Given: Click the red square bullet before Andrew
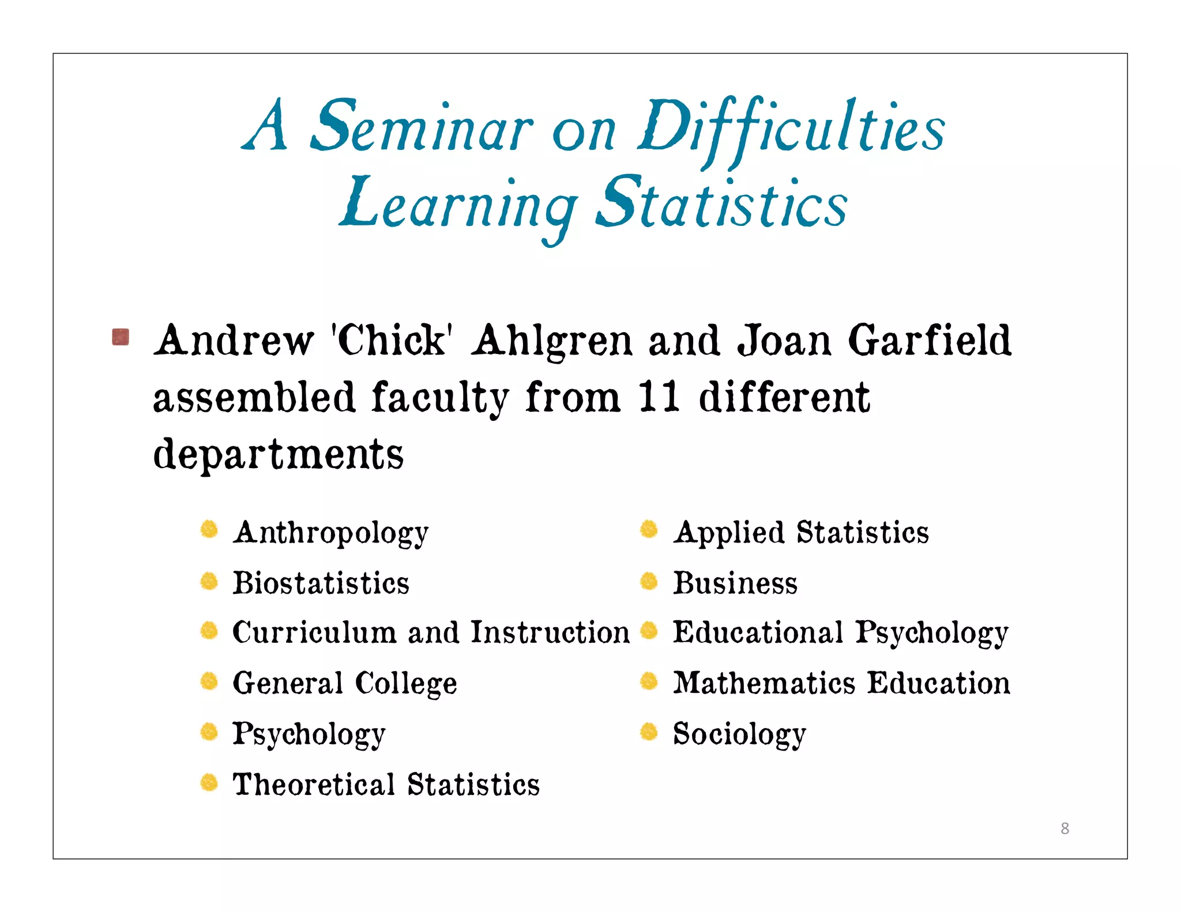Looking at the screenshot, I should tap(121, 337).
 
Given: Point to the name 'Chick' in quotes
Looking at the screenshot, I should tap(392, 340).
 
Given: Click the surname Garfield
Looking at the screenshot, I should tap(930, 340).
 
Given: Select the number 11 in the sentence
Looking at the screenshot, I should tap(659, 397).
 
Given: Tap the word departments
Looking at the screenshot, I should tap(279, 454).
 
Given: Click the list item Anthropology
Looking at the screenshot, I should tap(331, 532).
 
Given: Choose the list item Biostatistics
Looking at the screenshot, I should tap(321, 583).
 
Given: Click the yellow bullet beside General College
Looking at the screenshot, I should tap(209, 682).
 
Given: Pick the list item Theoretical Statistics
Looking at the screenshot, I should tap(386, 785).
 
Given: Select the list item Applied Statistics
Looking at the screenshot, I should tap(802, 532).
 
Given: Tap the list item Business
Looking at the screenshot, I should tap(736, 583).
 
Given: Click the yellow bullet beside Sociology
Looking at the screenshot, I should tap(649, 732).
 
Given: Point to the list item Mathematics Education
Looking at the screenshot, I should tap(842, 683).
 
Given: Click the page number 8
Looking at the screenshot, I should tap(1065, 828).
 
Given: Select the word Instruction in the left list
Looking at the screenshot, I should tap(551, 632).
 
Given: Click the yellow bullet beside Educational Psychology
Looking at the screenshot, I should tap(649, 631).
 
